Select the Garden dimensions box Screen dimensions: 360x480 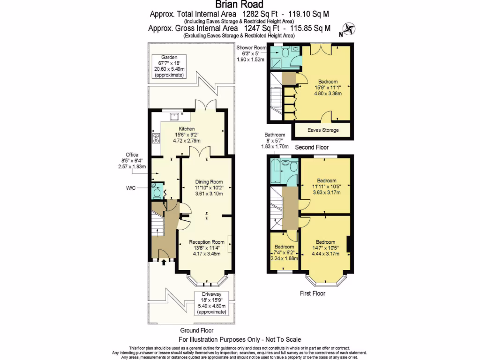pos(169,66)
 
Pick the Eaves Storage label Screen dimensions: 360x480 pos(323,130)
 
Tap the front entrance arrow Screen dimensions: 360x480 pos(163,262)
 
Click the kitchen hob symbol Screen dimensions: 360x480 pos(155,138)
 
